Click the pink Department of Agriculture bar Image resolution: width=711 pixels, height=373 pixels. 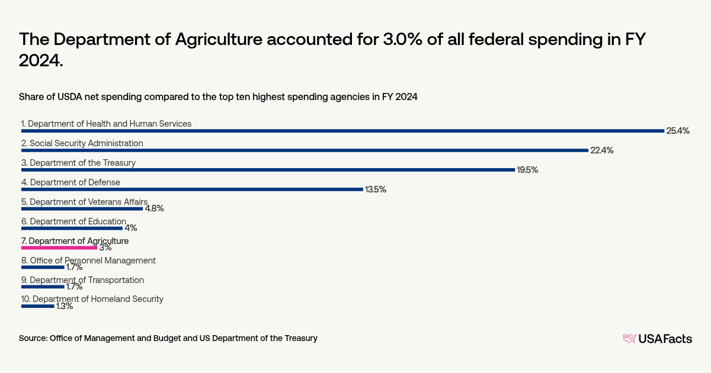click(59, 247)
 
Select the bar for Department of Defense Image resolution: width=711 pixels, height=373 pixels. click(192, 189)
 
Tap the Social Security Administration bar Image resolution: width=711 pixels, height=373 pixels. click(305, 150)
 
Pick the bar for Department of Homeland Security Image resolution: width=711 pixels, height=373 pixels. click(38, 306)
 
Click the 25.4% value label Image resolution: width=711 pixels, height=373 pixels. click(678, 131)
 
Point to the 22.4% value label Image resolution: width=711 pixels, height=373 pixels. click(601, 150)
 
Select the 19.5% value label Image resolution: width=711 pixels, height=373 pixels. click(527, 170)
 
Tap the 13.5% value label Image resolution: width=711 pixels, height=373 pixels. click(376, 189)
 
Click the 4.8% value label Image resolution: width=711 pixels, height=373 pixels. click(154, 208)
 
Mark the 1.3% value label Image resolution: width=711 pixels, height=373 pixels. click(65, 306)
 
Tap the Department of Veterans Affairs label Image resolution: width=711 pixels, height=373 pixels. click(84, 202)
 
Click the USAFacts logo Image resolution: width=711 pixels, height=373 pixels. click(657, 339)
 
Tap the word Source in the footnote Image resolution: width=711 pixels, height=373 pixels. click(33, 338)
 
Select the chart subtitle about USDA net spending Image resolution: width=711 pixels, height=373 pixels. click(218, 97)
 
